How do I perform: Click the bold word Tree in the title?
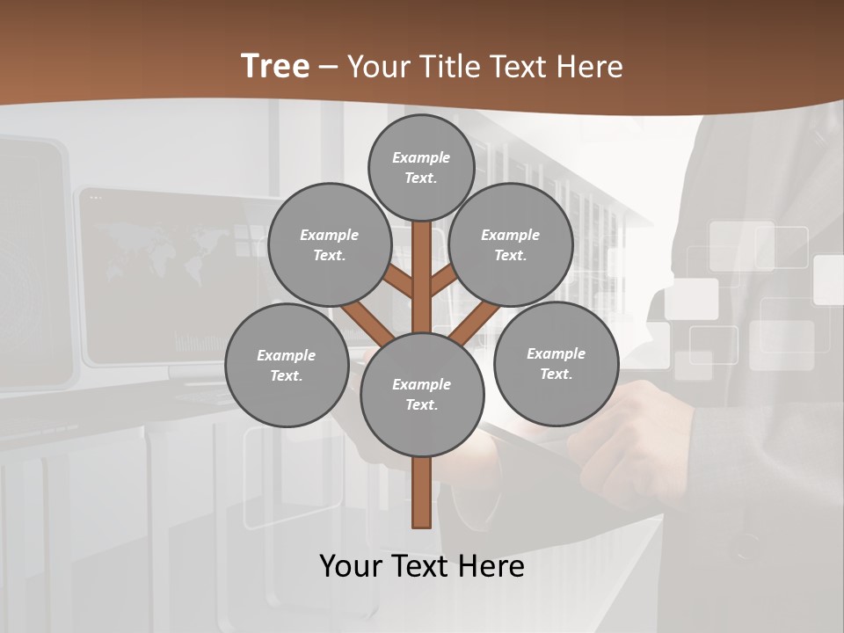point(275,66)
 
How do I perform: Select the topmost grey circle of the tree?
point(421,167)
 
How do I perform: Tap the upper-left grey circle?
point(329,244)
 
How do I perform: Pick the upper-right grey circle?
point(511,244)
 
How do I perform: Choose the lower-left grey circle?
point(287,365)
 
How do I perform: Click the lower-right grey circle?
point(556,363)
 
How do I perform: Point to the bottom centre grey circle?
point(422,394)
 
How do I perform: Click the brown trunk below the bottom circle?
point(422,492)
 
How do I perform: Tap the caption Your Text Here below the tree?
point(422,565)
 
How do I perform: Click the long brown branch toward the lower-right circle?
point(475,319)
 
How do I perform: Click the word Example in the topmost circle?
point(421,157)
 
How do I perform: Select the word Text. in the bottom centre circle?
point(421,405)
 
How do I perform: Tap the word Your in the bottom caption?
point(349,565)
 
